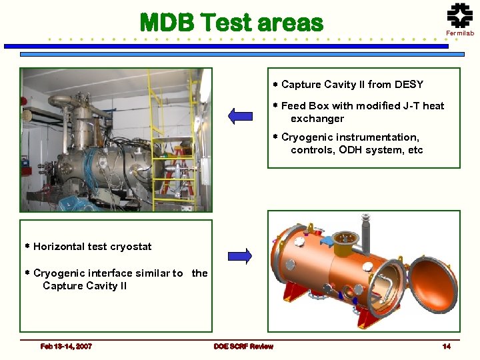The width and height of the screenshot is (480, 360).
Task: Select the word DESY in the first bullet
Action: (x=409, y=85)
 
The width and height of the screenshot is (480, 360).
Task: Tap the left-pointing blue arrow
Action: (x=241, y=116)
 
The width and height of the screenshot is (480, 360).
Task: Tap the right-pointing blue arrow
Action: (x=239, y=255)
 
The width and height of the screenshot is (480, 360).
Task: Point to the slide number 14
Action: (x=447, y=346)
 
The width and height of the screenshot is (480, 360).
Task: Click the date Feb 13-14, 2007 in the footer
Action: (x=66, y=346)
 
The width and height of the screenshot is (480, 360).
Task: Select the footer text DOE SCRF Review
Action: (x=243, y=346)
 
